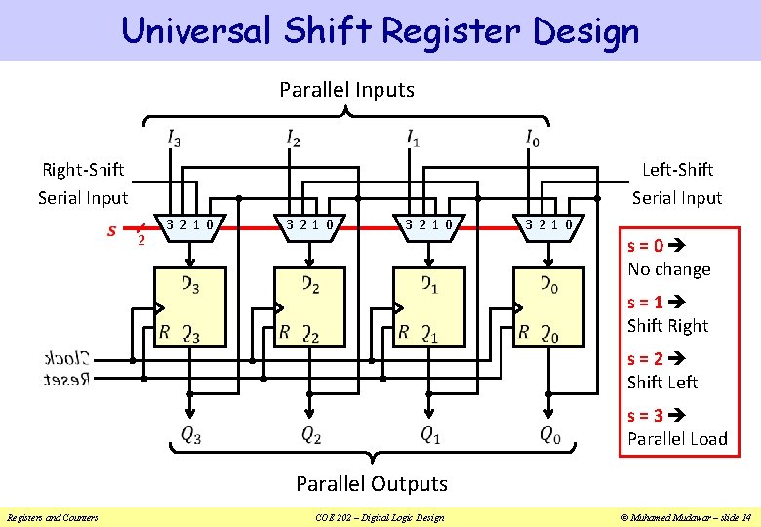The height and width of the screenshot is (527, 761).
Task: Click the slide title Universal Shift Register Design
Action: (380, 30)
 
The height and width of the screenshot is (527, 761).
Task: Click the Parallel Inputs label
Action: (346, 90)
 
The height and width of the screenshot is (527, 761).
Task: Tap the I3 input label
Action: (173, 138)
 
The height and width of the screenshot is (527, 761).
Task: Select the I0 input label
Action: (531, 138)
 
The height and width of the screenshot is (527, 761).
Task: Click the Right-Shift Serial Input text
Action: (83, 183)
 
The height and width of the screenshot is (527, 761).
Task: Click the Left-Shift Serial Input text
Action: (677, 183)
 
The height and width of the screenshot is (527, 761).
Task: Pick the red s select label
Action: (113, 231)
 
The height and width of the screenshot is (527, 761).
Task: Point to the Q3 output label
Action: (190, 435)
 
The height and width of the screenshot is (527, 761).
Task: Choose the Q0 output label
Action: (550, 435)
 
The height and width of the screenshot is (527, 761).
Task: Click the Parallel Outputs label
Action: (371, 483)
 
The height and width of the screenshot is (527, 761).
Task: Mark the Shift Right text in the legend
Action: (667, 326)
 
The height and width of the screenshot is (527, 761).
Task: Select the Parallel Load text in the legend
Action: (677, 439)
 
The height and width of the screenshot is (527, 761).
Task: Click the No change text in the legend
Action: (668, 269)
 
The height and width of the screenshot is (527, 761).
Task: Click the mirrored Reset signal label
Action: (66, 379)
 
